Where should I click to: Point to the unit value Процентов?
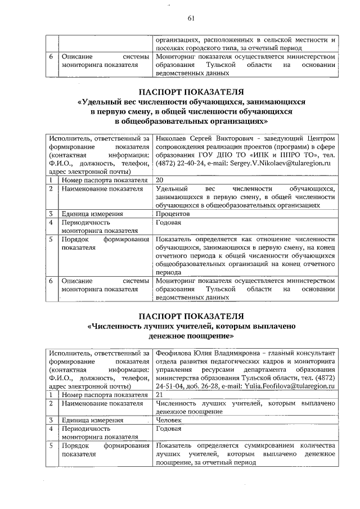click(173, 214)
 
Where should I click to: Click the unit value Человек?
click(169, 420)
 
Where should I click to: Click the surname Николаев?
click(172, 138)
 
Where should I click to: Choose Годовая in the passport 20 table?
click(169, 223)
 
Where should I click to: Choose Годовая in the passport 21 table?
click(169, 429)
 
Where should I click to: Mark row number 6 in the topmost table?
click(51, 57)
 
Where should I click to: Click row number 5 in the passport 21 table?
click(51, 445)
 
